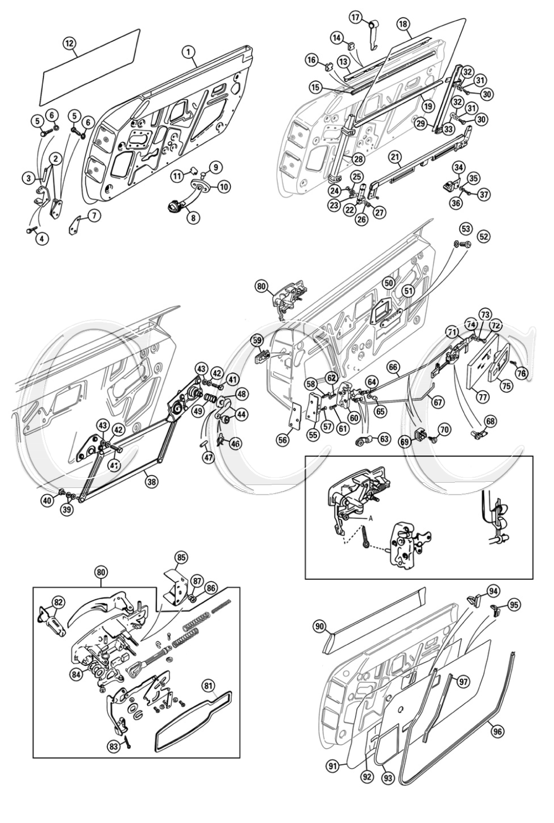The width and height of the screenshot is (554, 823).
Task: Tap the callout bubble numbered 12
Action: click(69, 43)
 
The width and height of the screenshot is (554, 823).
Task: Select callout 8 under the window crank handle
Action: click(193, 218)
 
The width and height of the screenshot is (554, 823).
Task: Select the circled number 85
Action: click(181, 557)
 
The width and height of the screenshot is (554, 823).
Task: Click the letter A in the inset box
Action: click(370, 518)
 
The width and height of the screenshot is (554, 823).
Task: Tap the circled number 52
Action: click(483, 236)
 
